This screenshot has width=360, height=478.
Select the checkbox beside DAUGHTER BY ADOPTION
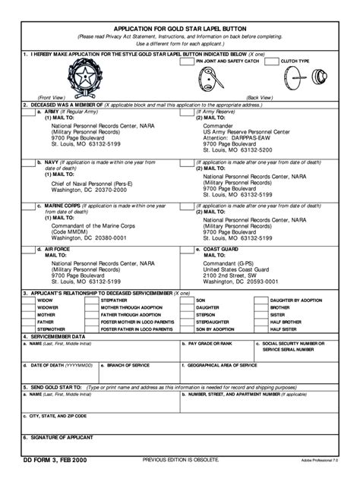[260, 300]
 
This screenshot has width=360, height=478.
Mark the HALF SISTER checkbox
[260, 329]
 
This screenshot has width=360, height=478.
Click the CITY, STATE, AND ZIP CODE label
[58, 416]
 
